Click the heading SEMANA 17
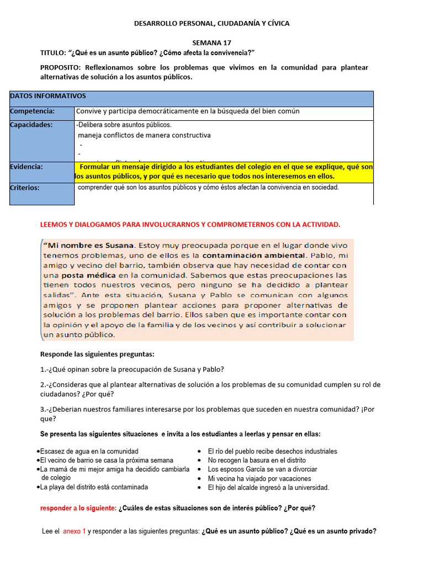pyautogui.click(x=212, y=42)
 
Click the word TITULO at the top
pyautogui.click(x=52, y=52)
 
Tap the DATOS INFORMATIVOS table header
pyautogui.click(x=47, y=96)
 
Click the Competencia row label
pyautogui.click(x=32, y=111)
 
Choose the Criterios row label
pyautogui.click(x=25, y=188)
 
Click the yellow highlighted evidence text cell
pyautogui.click(x=224, y=171)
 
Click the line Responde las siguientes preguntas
pyautogui.click(x=98, y=354)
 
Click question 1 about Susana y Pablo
pyautogui.click(x=132, y=369)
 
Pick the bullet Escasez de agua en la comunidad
pyautogui.click(x=89, y=451)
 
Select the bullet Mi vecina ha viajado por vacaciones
pyautogui.click(x=259, y=479)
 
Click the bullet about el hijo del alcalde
pyautogui.click(x=268, y=488)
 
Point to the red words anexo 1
pyautogui.click(x=75, y=531)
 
